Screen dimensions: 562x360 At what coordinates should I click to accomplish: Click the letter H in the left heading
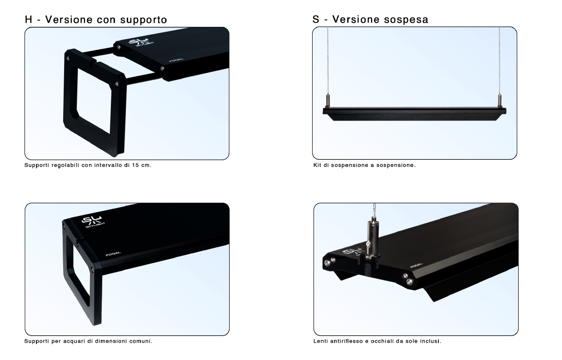pyautogui.click(x=29, y=19)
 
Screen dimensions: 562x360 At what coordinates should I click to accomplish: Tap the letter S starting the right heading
pyautogui.click(x=316, y=19)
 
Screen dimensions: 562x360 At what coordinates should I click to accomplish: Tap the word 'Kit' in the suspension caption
pyautogui.click(x=317, y=165)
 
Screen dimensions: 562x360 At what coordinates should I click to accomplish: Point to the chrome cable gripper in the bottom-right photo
pyautogui.click(x=372, y=238)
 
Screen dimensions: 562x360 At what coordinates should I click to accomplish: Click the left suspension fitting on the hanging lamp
pyautogui.click(x=327, y=101)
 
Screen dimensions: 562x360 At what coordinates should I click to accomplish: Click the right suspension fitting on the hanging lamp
pyautogui.click(x=500, y=101)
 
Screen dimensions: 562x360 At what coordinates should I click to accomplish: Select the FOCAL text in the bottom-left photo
pyautogui.click(x=113, y=254)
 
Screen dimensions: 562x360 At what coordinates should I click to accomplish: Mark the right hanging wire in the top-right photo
pyautogui.click(x=500, y=60)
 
